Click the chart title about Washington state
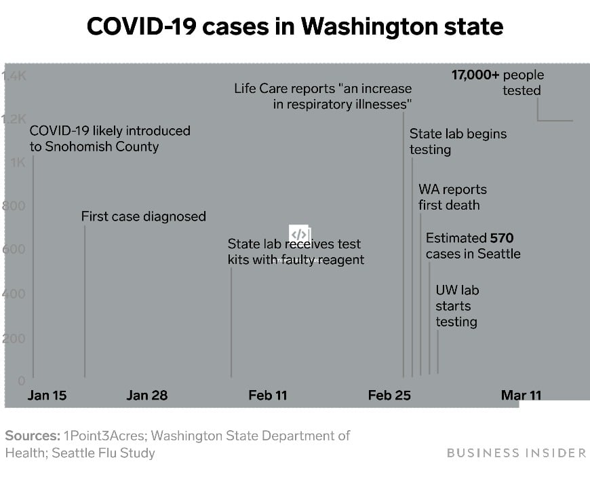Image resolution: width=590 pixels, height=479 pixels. pyautogui.click(x=295, y=27)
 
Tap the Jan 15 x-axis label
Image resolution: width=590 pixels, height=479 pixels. pyautogui.click(x=47, y=395)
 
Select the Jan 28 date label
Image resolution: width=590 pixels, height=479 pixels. pyautogui.click(x=146, y=395)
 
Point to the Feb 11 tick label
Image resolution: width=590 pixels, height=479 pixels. pyautogui.click(x=268, y=395)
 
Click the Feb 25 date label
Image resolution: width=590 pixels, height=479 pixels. pyautogui.click(x=389, y=395)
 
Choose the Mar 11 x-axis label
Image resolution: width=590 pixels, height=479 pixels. pyautogui.click(x=521, y=395)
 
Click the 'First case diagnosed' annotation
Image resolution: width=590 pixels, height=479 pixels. pyautogui.click(x=144, y=216)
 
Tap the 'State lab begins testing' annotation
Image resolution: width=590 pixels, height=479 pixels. pyautogui.click(x=458, y=141)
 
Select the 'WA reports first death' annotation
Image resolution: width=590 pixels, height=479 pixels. pyautogui.click(x=452, y=197)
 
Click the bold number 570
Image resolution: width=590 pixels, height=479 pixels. pyautogui.click(x=503, y=238)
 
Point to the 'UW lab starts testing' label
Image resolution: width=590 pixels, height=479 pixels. pyautogui.click(x=456, y=306)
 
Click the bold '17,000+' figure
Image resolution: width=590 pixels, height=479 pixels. pyautogui.click(x=475, y=75)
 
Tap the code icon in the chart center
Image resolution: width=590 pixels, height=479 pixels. pyautogui.click(x=299, y=234)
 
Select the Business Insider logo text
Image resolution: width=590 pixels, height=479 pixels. pyautogui.click(x=516, y=453)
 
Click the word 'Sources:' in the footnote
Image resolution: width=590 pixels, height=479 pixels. pyautogui.click(x=31, y=436)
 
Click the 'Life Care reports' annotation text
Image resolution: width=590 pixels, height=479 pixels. pyautogui.click(x=323, y=96)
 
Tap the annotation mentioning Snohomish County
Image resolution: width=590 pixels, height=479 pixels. pyautogui.click(x=110, y=138)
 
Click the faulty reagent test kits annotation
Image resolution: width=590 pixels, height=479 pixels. pyautogui.click(x=296, y=252)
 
